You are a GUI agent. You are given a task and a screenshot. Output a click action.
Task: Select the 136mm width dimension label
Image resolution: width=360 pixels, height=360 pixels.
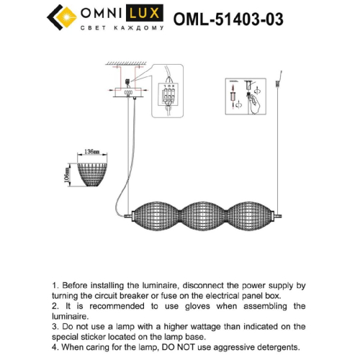91,153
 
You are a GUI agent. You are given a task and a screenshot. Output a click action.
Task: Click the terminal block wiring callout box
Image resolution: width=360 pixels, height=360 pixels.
169,95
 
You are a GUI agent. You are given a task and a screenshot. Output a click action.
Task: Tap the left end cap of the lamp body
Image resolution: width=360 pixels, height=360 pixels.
129,215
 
